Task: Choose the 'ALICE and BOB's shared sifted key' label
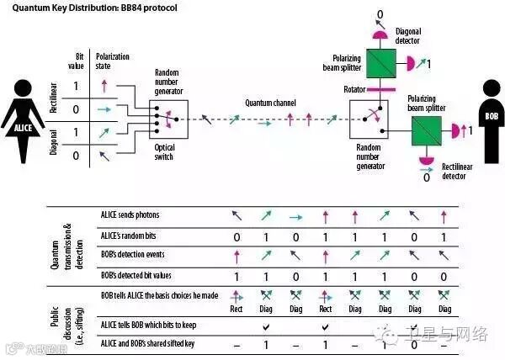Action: [x=142, y=343]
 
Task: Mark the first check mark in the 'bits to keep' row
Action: [x=265, y=325]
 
